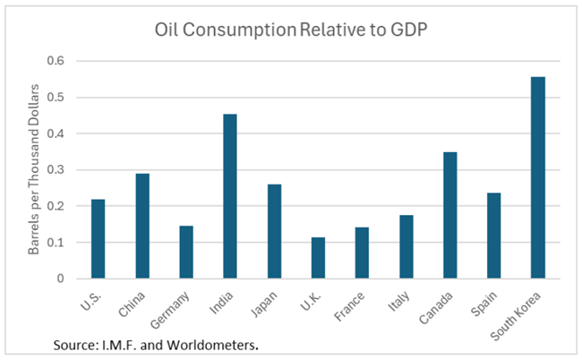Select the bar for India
click(x=230, y=196)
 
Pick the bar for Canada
click(x=449, y=215)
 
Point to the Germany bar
click(x=186, y=252)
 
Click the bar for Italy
click(x=406, y=246)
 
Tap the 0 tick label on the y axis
click(x=62, y=279)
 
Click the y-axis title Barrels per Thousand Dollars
click(x=37, y=169)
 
